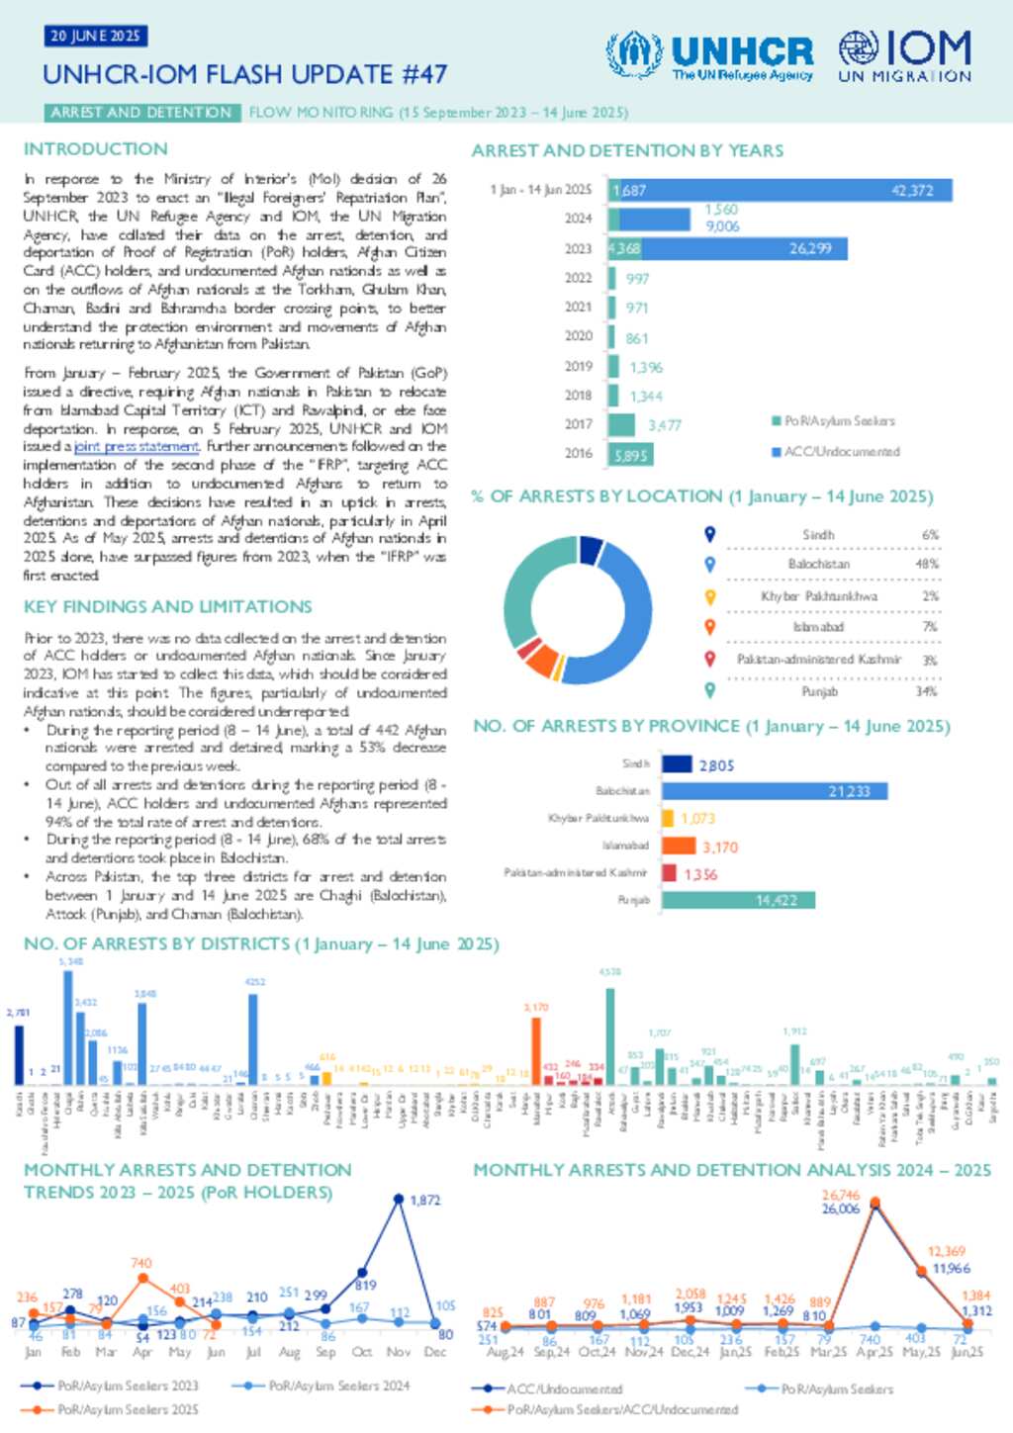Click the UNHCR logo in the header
(709, 55)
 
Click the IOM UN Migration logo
(904, 55)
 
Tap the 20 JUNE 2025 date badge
(95, 37)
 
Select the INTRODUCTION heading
(96, 149)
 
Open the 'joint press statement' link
(137, 447)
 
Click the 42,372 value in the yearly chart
(911, 190)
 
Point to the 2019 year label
(578, 366)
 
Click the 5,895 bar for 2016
(630, 455)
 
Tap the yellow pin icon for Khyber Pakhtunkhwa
(709, 596)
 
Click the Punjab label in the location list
(819, 691)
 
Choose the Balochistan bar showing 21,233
(775, 791)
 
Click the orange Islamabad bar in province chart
(679, 847)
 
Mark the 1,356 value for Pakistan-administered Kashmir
(700, 874)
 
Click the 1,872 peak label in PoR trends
(424, 1200)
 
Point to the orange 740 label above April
(141, 1263)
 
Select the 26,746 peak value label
(841, 1195)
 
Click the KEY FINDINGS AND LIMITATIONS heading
(168, 606)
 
